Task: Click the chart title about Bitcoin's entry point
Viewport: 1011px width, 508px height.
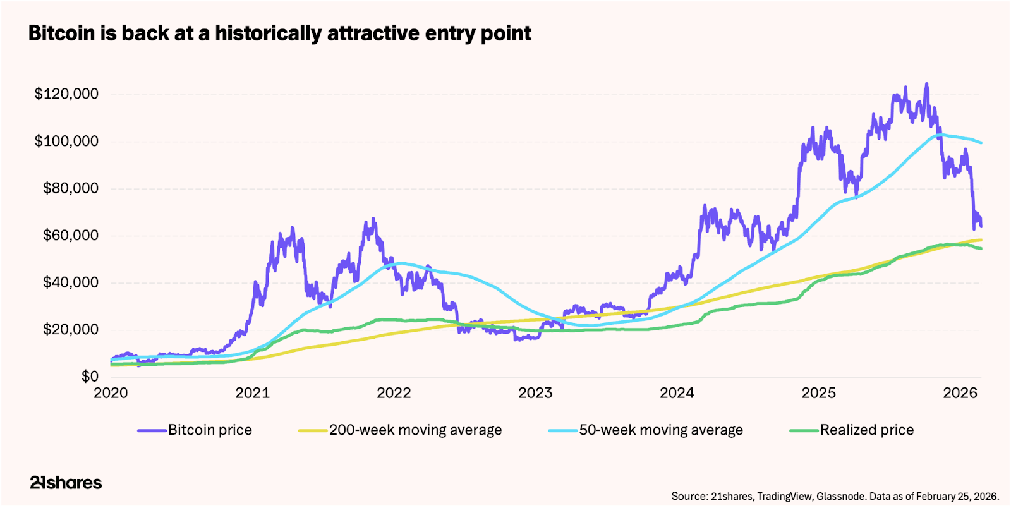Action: click(x=279, y=33)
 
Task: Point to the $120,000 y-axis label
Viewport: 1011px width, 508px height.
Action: click(x=66, y=94)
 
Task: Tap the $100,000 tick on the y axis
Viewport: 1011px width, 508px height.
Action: click(x=66, y=141)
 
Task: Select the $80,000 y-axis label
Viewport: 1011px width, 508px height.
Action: click(x=70, y=188)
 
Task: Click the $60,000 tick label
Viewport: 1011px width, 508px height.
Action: click(x=70, y=236)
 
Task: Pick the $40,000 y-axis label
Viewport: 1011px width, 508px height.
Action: click(x=70, y=282)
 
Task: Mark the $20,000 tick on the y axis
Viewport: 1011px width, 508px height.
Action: click(x=70, y=330)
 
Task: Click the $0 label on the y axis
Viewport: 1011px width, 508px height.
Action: click(x=90, y=377)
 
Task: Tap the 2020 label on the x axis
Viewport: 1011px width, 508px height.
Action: click(x=111, y=393)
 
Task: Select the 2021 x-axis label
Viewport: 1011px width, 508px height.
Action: click(x=252, y=393)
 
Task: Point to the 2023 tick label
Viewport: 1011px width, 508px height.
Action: click(x=535, y=393)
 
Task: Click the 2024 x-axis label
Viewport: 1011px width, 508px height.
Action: click(x=677, y=393)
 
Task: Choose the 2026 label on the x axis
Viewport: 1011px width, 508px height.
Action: click(x=960, y=393)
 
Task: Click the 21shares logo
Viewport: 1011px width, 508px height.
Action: click(x=66, y=483)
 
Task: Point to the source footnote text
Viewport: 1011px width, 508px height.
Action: click(x=835, y=496)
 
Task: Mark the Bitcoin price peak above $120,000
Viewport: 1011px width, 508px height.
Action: click(x=926, y=83)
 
